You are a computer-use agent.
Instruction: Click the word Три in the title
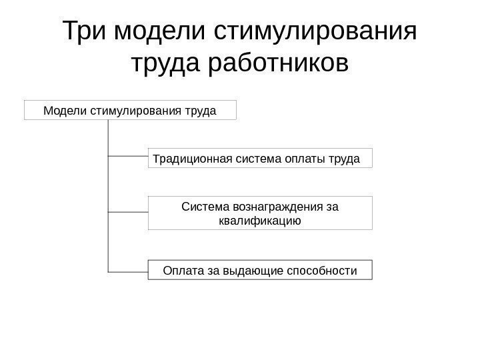coord(86,31)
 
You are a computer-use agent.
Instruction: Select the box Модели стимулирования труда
coord(130,110)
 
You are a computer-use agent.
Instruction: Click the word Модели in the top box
coord(64,110)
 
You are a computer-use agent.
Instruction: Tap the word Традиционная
coord(190,159)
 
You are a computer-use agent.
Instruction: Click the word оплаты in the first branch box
coord(305,159)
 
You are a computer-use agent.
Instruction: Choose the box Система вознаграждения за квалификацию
coord(260,213)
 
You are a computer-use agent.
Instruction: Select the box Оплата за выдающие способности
coord(260,270)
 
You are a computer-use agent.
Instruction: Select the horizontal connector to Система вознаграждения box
coord(127,213)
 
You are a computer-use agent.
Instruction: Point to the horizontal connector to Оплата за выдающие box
coord(127,271)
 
